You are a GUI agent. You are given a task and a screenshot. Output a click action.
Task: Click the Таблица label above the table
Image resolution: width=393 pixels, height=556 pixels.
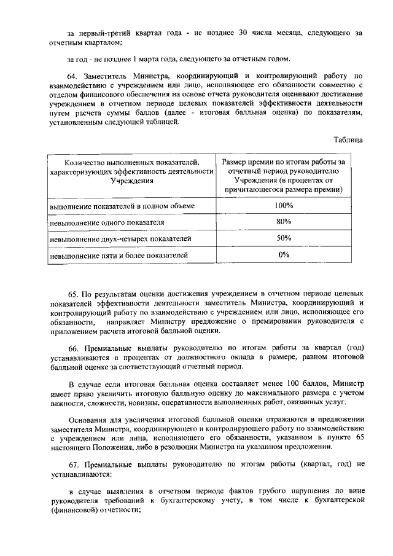348,139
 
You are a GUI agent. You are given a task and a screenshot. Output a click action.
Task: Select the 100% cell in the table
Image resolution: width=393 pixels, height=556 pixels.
283,205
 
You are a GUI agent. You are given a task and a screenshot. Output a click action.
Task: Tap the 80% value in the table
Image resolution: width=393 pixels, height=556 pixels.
283,221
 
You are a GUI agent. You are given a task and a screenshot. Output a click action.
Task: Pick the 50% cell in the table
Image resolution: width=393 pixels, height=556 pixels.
283,238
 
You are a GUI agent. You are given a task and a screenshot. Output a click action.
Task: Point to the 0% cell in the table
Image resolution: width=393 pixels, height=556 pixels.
283,254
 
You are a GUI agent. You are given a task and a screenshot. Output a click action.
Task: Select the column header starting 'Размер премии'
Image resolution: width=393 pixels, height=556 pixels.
283,176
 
